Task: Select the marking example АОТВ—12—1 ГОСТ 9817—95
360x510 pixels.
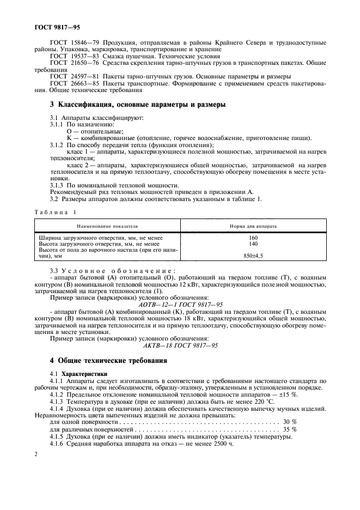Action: pos(180,304)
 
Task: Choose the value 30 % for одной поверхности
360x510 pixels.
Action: pos(290,422)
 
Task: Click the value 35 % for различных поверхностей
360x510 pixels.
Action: pos(290,429)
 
